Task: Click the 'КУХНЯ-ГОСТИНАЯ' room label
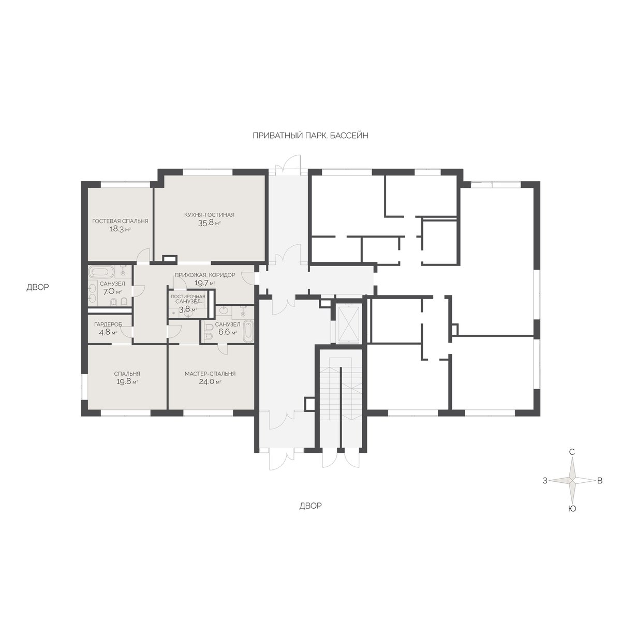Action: point(209,215)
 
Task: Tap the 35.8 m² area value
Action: point(209,223)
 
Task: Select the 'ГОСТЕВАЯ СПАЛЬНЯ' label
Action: point(120,221)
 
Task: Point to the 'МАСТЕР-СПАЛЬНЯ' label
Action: point(210,374)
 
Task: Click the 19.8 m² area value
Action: point(127,382)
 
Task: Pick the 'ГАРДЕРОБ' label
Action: point(108,324)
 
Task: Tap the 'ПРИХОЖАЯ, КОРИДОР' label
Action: point(204,275)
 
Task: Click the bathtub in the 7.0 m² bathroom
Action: point(100,272)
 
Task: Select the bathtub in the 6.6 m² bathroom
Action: point(248,331)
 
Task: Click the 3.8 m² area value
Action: point(188,309)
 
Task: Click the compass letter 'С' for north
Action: point(572,452)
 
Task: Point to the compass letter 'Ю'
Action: point(572,509)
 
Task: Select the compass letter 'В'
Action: point(600,480)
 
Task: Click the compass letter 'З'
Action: point(545,481)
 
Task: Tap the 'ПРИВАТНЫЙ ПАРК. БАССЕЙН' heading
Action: point(310,136)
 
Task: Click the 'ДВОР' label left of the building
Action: point(38,287)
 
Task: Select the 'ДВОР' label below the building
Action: point(310,506)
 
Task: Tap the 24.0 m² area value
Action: point(210,382)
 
